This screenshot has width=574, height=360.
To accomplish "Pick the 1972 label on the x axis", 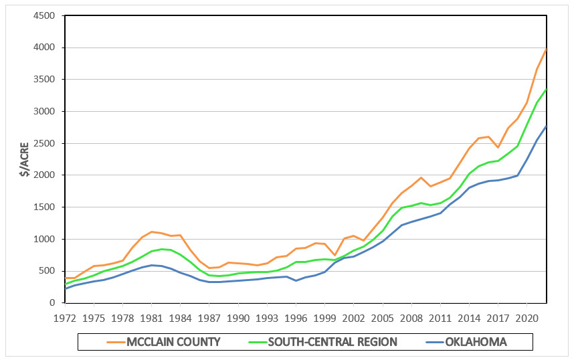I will (x=64, y=317).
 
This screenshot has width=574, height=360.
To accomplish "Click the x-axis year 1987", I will (x=209, y=317).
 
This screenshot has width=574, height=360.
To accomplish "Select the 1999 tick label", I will (x=325, y=317).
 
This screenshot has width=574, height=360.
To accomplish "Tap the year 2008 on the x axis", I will (x=412, y=317).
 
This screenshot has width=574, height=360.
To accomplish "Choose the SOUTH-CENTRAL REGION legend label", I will (x=332, y=342).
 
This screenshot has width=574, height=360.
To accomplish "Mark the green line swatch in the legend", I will (x=251, y=342).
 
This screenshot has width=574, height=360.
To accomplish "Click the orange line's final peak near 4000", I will (x=547, y=49).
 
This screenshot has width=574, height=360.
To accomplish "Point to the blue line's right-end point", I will (x=547, y=126).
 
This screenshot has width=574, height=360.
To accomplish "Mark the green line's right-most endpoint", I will (x=547, y=89).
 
